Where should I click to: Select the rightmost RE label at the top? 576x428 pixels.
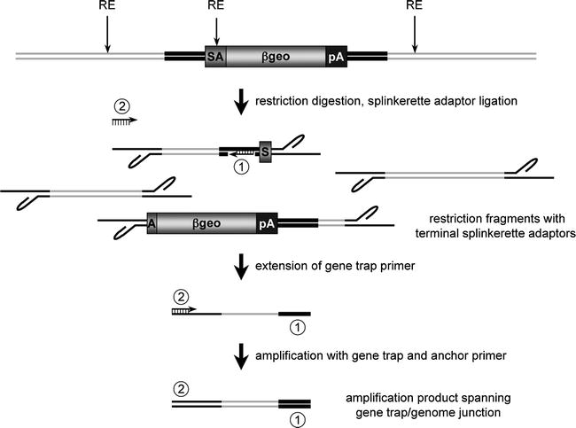pyautogui.click(x=414, y=7)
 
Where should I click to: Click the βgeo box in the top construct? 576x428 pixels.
pyautogui.click(x=276, y=57)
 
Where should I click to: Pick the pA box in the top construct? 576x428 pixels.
pyautogui.click(x=337, y=57)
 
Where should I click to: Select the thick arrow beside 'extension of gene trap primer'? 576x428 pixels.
pyautogui.click(x=240, y=266)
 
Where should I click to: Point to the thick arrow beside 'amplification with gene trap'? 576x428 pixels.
pyautogui.click(x=240, y=360)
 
